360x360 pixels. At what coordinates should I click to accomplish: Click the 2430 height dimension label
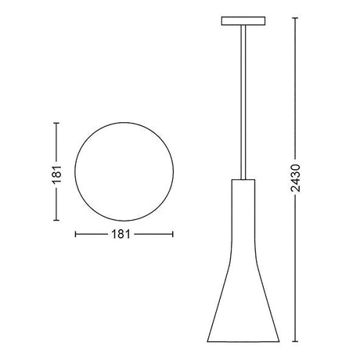296,178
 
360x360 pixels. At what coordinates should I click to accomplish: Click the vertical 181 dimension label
56,175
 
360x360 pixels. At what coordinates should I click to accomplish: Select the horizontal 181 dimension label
121,234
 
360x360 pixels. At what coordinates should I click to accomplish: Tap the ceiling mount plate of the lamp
243,21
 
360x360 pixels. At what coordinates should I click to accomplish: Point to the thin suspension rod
243,103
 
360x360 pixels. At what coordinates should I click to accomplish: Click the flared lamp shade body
243,247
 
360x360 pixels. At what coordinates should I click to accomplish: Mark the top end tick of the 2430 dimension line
295,18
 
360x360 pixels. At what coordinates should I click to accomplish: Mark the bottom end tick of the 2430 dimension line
295,341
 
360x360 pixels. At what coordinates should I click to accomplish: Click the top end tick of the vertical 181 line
56,123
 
